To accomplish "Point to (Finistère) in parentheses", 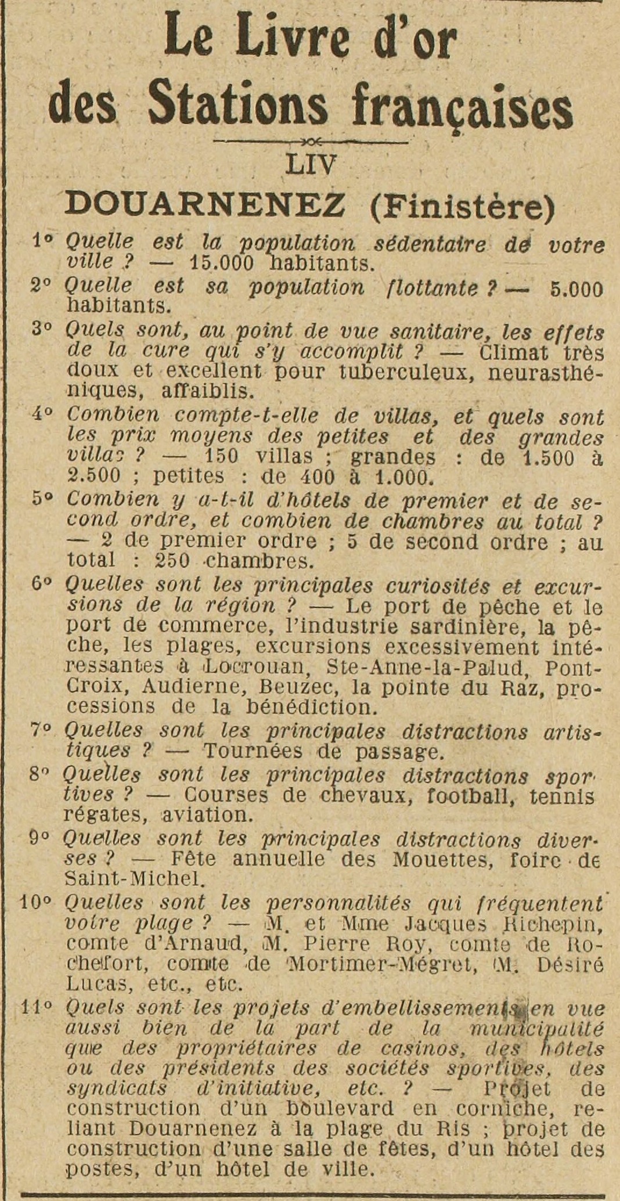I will [x=462, y=205].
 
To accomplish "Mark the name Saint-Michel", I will [x=135, y=879].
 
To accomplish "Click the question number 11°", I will [x=37, y=1008].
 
